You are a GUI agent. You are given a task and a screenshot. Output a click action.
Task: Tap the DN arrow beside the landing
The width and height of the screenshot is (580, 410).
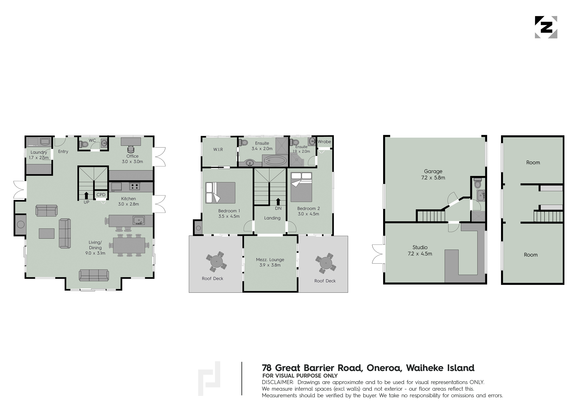278,202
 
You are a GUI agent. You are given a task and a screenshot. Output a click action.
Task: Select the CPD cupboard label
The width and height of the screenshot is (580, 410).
101,195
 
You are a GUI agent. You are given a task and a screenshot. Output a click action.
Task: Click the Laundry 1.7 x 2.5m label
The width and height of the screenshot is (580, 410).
39,155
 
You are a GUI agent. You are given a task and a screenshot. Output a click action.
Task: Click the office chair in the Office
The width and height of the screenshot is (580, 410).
131,149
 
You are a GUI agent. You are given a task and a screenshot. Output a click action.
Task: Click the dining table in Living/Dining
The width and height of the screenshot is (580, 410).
129,245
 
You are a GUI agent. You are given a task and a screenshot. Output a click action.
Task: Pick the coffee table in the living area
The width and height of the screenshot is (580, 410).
47,233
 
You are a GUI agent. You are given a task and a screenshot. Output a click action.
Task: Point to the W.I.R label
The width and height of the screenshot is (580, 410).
218,150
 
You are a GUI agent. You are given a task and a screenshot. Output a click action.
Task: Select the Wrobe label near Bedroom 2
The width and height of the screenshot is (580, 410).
324,142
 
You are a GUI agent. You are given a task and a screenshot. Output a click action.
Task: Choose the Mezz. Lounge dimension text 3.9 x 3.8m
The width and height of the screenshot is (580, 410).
270,265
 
